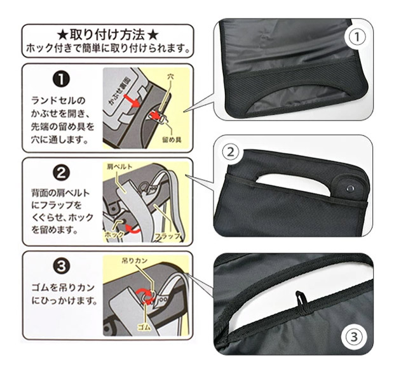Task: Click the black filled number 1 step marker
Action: pos(61,79)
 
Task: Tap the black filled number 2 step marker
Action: pos(61,173)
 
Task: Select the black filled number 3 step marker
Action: pos(61,266)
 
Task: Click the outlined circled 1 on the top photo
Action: pos(357,37)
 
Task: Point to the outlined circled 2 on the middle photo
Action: pos(231,152)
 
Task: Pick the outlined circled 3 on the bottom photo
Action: pos(353,337)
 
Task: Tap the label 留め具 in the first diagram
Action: pos(172,140)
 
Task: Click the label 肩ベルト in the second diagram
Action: pos(119,166)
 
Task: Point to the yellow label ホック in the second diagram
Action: pos(114,235)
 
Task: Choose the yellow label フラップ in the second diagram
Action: pos(167,236)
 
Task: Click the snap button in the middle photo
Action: pos(350,188)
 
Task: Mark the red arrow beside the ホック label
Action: pos(133,228)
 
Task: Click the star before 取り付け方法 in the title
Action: pos(62,36)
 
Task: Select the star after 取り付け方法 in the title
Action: pos(153,36)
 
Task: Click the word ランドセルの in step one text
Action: pos(58,101)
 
